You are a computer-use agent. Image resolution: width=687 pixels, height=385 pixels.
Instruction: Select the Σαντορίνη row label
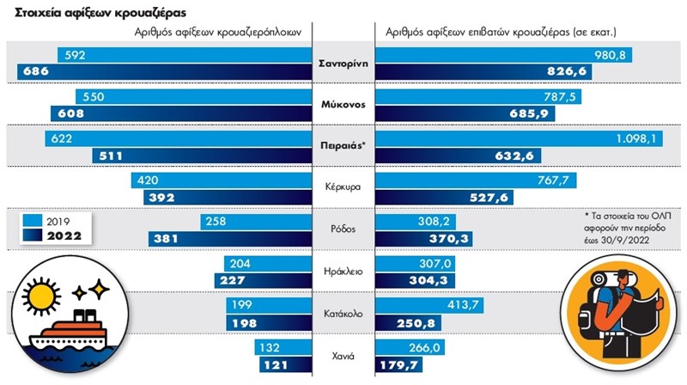(343, 63)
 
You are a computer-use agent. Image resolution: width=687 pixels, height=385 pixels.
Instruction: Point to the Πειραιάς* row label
(343, 146)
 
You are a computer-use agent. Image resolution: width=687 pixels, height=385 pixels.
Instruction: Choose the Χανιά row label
(343, 356)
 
